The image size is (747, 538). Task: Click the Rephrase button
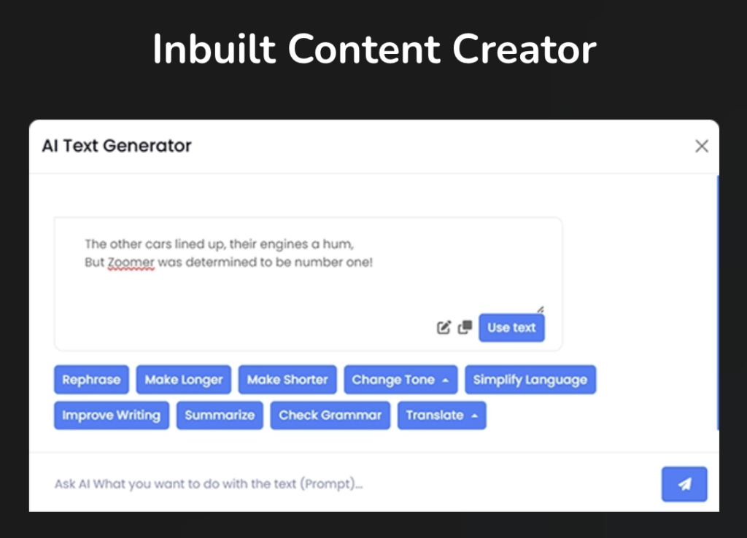[91, 380]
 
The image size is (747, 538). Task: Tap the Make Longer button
[183, 380]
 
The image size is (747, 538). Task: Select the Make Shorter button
[287, 380]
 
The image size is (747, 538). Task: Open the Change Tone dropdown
[400, 380]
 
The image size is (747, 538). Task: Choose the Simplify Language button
[530, 380]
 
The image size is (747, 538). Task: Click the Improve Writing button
[112, 416]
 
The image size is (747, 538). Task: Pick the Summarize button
[220, 416]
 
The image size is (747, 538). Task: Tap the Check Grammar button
[330, 416]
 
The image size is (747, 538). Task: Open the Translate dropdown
[441, 416]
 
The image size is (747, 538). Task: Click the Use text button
[511, 327]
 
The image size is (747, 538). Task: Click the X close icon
[702, 147]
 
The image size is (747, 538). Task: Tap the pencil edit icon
[444, 327]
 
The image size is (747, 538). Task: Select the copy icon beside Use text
[465, 327]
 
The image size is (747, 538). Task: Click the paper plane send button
[684, 484]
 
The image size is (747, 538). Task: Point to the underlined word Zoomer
[131, 262]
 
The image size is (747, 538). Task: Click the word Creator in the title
[524, 49]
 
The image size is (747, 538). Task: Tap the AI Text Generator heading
[117, 146]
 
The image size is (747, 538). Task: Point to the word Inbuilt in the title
[214, 49]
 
